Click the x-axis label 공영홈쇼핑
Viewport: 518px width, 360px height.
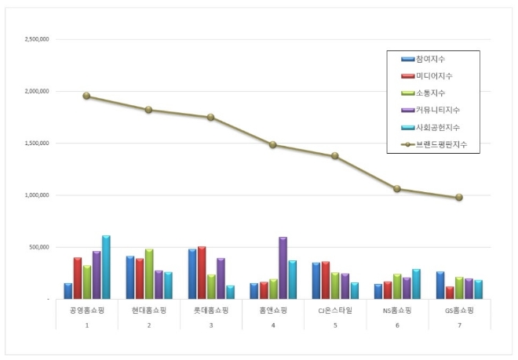click(86, 311)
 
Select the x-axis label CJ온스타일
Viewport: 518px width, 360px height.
click(335, 311)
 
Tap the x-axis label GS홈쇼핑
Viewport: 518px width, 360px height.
click(459, 311)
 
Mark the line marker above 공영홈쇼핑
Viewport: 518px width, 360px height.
click(86, 96)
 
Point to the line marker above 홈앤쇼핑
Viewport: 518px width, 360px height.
click(272, 144)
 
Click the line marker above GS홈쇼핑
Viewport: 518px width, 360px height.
click(459, 198)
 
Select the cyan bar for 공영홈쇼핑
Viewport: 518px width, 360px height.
click(106, 267)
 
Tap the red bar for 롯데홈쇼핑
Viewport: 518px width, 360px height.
click(202, 273)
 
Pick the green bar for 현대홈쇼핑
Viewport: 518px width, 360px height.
click(149, 275)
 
